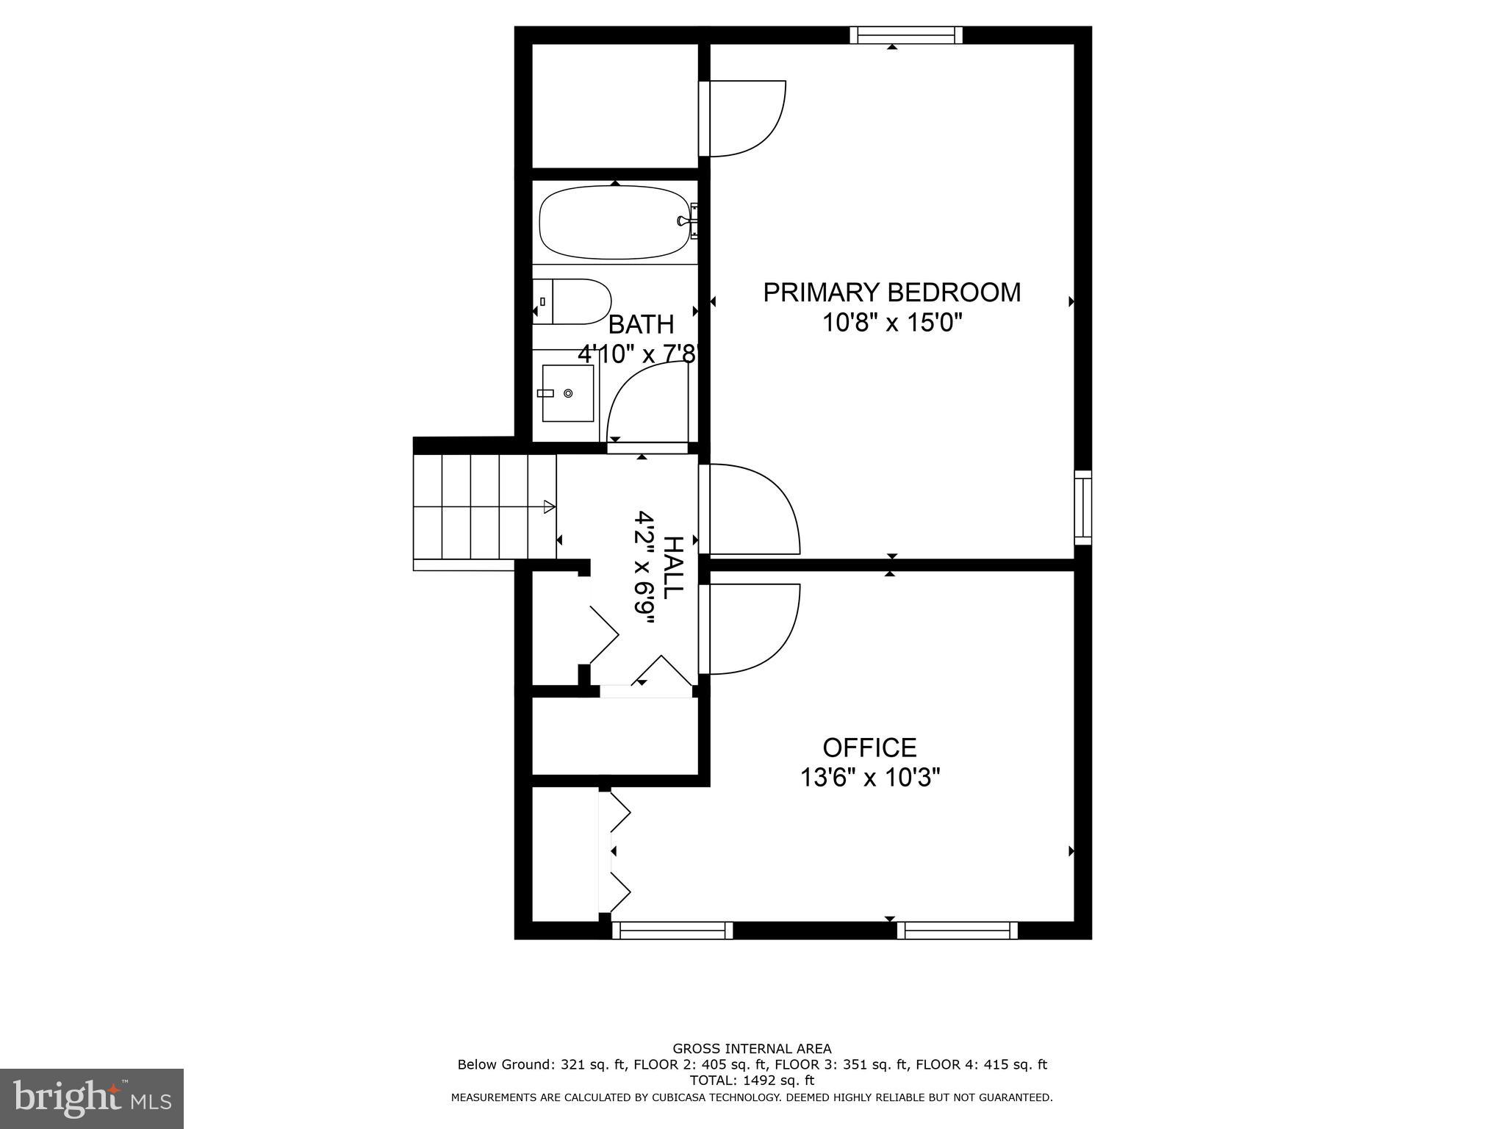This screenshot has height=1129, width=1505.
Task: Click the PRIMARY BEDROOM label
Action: (891, 293)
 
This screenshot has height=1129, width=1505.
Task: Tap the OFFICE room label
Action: (869, 748)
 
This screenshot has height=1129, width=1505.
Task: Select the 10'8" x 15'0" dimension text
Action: (891, 323)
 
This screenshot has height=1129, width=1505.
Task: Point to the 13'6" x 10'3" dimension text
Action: (870, 778)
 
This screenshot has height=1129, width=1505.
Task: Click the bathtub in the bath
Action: (615, 222)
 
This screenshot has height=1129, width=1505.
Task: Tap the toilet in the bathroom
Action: (573, 301)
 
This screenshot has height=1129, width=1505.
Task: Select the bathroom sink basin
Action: (567, 393)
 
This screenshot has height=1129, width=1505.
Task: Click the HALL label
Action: (672, 567)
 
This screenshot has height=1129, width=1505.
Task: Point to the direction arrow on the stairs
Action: (548, 506)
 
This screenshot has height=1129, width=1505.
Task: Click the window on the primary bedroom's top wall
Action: (906, 35)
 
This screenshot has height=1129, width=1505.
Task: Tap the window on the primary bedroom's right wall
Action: (1082, 507)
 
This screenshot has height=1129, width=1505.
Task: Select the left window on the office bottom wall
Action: (672, 931)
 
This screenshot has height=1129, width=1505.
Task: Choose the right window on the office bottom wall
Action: (957, 931)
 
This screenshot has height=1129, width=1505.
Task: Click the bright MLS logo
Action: (92, 1099)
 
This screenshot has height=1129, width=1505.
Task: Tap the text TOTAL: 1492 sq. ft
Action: (752, 1080)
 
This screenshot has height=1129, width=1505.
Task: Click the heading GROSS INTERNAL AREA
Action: (752, 1049)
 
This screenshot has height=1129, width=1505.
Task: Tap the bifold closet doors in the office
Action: (617, 853)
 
